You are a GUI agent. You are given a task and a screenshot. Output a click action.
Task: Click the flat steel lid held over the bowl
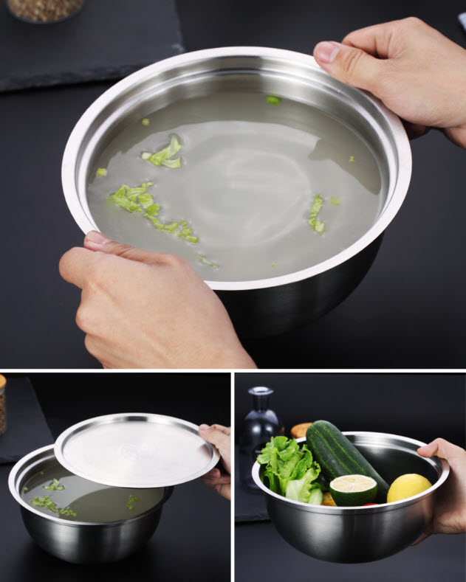point(137,450)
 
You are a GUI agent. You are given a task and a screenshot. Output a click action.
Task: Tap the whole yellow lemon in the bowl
point(408,488)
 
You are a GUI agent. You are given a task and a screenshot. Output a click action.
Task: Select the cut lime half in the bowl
point(353,488)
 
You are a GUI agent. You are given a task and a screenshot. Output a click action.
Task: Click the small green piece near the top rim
point(273,100)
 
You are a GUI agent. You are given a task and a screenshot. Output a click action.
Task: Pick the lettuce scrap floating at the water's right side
point(317,213)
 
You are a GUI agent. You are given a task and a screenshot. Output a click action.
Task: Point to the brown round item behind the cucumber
point(301,429)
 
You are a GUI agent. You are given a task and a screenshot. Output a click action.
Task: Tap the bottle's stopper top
point(260,391)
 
